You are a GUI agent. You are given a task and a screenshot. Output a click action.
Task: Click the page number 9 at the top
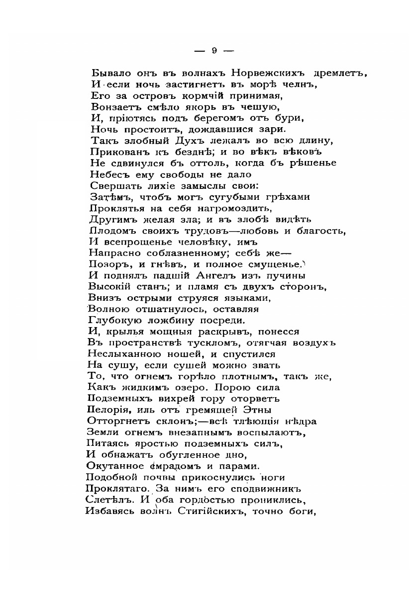[x=213, y=50]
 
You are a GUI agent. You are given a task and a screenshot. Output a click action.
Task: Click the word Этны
[x=256, y=411]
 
